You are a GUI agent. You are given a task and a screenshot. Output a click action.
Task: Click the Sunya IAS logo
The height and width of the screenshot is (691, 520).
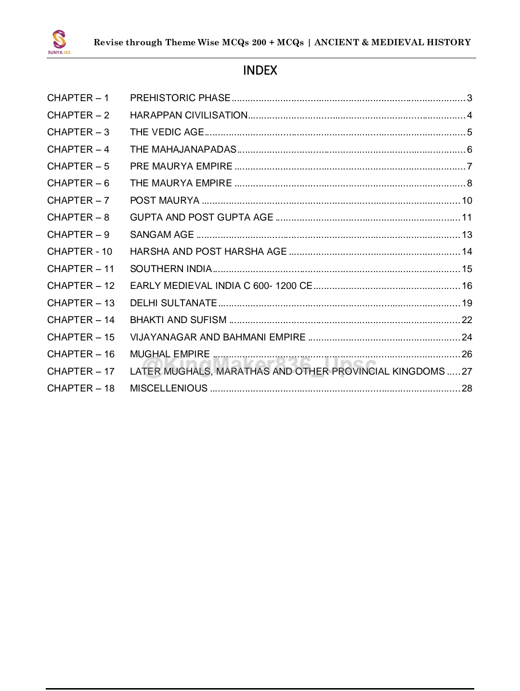[59, 41]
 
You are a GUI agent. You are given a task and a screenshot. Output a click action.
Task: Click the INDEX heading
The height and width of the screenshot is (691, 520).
[260, 71]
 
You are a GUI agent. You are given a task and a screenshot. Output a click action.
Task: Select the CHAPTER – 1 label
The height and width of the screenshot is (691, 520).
[78, 98]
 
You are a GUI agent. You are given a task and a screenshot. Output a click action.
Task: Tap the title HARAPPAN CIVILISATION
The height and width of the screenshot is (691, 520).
[189, 116]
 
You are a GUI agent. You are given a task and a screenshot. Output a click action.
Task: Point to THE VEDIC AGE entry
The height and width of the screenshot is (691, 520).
[167, 132]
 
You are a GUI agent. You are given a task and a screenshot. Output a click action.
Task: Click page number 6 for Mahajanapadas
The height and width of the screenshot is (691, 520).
[469, 150]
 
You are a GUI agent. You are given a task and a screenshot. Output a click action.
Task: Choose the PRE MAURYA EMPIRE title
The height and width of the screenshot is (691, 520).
[181, 167]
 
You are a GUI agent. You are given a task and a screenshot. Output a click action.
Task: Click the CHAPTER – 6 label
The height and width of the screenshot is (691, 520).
[78, 183]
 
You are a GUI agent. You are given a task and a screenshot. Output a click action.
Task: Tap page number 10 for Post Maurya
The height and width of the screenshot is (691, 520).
[467, 201]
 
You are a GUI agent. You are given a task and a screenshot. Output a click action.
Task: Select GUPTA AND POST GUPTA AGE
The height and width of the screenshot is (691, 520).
[202, 218]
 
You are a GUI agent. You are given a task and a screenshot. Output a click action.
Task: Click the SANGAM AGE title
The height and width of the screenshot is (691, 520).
[162, 235]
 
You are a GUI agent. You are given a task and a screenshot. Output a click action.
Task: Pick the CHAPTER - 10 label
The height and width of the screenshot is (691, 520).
[79, 252]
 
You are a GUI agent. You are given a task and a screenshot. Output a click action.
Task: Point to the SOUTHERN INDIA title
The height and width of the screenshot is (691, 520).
[171, 269]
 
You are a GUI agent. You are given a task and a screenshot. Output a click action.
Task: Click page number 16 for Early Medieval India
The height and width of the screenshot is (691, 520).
[467, 286]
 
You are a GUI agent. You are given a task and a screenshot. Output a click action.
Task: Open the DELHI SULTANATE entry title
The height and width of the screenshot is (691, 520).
[173, 303]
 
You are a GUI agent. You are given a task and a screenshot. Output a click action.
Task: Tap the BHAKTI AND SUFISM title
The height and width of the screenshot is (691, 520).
[178, 320]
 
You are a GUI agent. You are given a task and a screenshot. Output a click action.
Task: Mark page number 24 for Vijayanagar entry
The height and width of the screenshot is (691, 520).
[467, 338]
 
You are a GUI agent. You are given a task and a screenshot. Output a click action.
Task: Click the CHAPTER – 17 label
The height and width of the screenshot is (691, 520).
[81, 372]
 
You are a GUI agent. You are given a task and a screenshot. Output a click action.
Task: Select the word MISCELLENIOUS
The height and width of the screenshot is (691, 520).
[169, 389]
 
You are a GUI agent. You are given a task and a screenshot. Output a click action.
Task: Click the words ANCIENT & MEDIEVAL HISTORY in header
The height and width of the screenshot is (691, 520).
[392, 42]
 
